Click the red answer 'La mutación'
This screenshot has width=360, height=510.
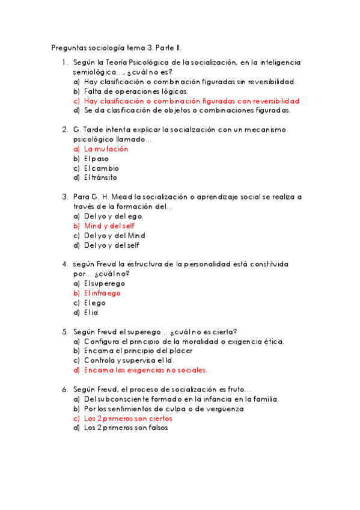coord(106,149)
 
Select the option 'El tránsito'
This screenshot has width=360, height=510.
coord(101,178)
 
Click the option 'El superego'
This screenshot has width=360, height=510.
coord(105,284)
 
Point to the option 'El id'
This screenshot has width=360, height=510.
coord(91,313)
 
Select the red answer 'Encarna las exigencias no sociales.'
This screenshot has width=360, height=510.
coord(145,370)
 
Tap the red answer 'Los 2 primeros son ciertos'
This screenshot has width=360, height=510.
coord(128,419)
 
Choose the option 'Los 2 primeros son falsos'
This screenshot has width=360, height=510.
coord(126,428)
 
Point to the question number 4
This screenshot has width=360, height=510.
coord(64,264)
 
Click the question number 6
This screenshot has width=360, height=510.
coord(64,389)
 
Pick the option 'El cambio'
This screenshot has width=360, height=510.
coord(102,168)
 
